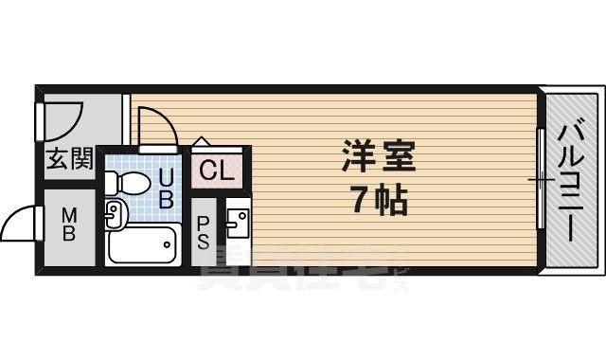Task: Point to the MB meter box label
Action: click(x=69, y=225)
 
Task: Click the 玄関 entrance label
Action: click(x=69, y=159)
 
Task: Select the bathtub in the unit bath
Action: click(x=142, y=246)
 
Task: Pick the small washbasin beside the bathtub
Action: click(x=114, y=214)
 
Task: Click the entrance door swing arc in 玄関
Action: click(x=64, y=118)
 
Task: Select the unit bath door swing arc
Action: click(x=153, y=128)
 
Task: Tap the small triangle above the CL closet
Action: click(x=200, y=142)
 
